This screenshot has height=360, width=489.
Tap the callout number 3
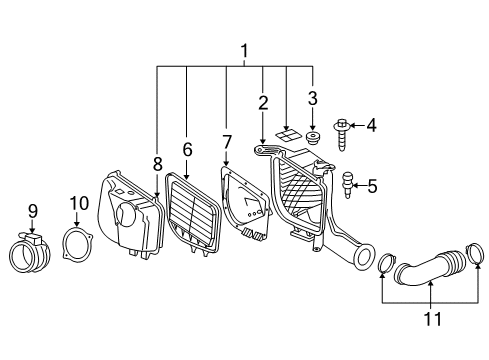(x=312, y=98)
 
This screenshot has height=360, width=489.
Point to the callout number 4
(x=372, y=126)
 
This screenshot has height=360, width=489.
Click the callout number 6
(x=186, y=148)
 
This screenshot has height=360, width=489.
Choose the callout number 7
(x=226, y=143)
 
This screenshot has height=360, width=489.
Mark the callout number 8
(x=157, y=163)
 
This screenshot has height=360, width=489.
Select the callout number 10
(x=79, y=204)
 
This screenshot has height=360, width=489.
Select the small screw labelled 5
(x=347, y=182)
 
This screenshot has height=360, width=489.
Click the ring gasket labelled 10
(x=78, y=245)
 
